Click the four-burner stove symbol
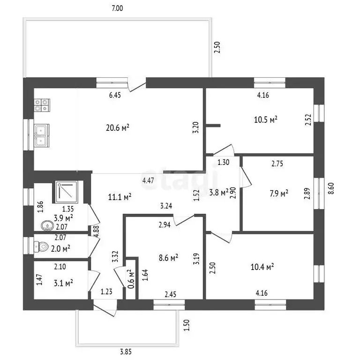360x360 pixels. click(x=42, y=105)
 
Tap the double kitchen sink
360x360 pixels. click(x=42, y=135)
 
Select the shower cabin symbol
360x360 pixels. click(x=67, y=190)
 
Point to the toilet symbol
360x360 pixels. click(x=41, y=247)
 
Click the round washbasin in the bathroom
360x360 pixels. click(x=47, y=225)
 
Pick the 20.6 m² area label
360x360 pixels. click(x=118, y=127)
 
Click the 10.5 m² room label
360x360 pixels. click(x=266, y=120)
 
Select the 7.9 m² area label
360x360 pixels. click(x=279, y=193)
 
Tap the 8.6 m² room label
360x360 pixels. click(x=169, y=258)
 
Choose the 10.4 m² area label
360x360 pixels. click(x=262, y=267)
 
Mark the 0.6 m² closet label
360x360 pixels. click(x=131, y=279)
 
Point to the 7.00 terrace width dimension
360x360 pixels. click(x=117, y=8)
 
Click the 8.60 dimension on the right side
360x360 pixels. click(x=331, y=188)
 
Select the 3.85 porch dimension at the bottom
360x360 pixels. click(x=126, y=352)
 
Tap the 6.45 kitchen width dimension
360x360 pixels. click(x=115, y=95)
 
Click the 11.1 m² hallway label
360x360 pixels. click(x=120, y=197)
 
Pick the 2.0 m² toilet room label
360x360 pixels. click(x=60, y=248)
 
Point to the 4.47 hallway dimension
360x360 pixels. click(x=148, y=180)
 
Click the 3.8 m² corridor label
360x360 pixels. click(x=219, y=192)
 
